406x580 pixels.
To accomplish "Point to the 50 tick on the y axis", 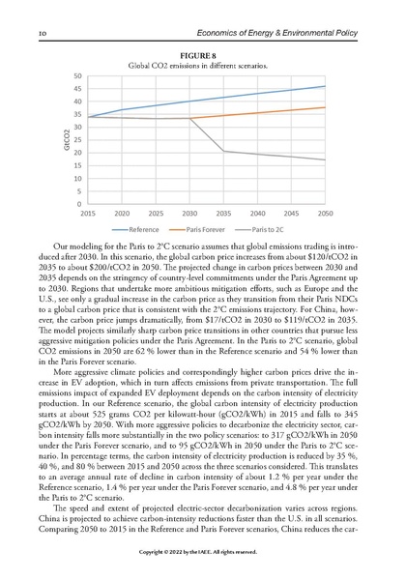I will (76, 75).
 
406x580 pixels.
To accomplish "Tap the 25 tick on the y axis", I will (76, 140).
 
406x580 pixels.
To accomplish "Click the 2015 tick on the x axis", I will (87, 213).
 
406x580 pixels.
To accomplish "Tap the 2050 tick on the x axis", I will (326, 213).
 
